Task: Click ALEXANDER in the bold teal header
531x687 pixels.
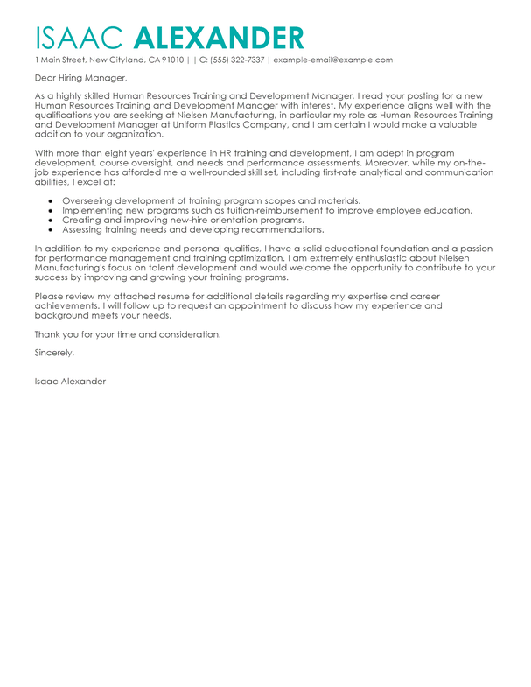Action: (220, 37)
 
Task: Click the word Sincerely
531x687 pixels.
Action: (54, 353)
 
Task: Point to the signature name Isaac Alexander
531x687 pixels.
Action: (70, 382)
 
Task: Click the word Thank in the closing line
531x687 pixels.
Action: (49, 335)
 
